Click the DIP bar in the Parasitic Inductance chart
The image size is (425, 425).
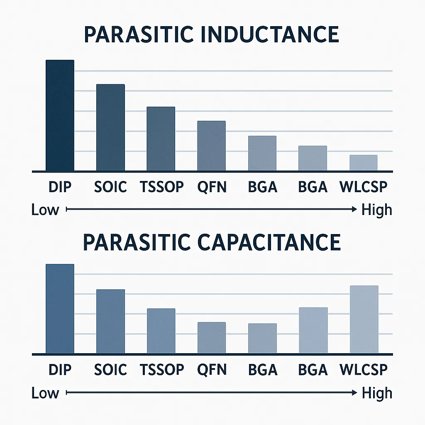pyautogui.click(x=60, y=115)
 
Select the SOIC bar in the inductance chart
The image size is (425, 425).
pyautogui.click(x=110, y=127)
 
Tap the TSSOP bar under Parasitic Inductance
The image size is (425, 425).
pyautogui.click(x=161, y=139)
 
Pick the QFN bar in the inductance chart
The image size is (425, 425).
pyautogui.click(x=211, y=146)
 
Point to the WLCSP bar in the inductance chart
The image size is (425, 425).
pyautogui.click(x=364, y=162)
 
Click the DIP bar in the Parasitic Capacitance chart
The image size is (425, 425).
pyautogui.click(x=60, y=309)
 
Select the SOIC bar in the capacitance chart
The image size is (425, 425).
pyautogui.click(x=110, y=321)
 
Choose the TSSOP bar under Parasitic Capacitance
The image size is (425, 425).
pyautogui.click(x=161, y=331)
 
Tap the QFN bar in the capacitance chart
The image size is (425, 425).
pyautogui.click(x=211, y=337)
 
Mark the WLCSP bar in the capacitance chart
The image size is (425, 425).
pyautogui.click(x=364, y=319)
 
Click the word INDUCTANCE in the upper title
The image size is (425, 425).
pyautogui.click(x=269, y=35)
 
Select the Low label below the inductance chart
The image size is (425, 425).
pyautogui.click(x=45, y=210)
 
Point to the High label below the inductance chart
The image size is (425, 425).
pyautogui.click(x=376, y=210)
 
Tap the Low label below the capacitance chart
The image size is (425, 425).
pyautogui.click(x=45, y=393)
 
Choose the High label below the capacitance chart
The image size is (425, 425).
pyautogui.click(x=376, y=393)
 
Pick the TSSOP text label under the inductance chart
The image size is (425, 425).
pyautogui.click(x=161, y=187)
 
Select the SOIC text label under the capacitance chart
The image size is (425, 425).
pyautogui.click(x=110, y=369)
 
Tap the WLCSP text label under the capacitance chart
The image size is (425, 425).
pyautogui.click(x=364, y=369)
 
